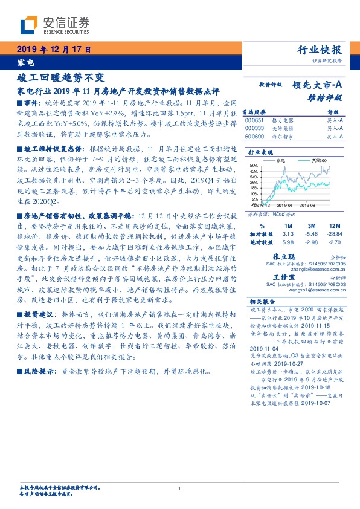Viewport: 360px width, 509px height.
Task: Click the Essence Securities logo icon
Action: coord(27,24)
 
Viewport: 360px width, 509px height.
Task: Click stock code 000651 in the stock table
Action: coord(255,121)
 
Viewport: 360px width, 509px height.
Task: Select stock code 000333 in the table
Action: coord(255,129)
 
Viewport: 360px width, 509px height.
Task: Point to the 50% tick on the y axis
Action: coord(254,165)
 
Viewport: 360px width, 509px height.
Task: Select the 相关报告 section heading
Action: coord(262,301)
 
